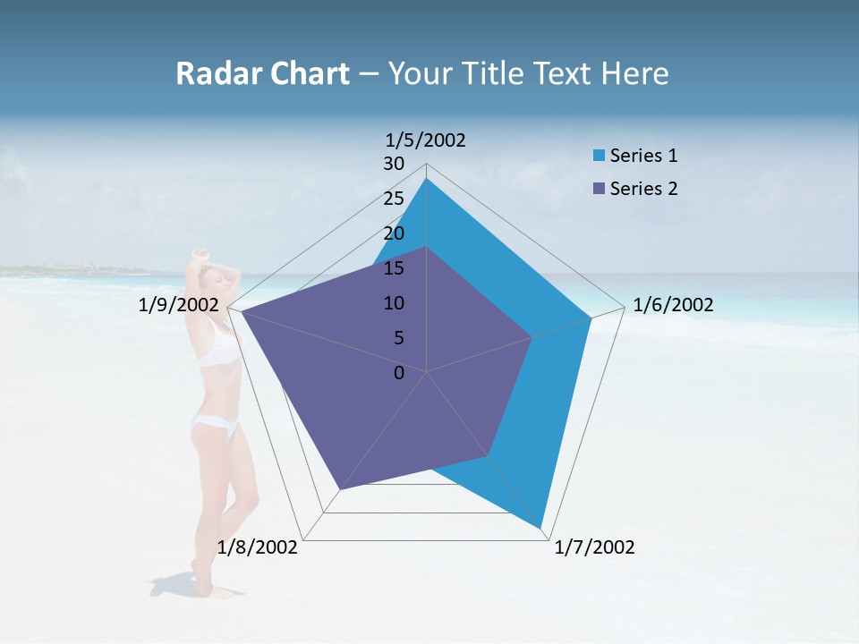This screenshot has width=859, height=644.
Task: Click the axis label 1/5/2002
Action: [x=426, y=140]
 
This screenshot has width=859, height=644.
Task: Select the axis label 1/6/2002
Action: [x=673, y=305]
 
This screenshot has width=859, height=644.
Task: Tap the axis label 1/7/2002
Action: [x=594, y=547]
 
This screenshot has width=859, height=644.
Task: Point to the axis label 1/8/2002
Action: [x=258, y=547]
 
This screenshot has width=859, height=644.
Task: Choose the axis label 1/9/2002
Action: [x=178, y=305]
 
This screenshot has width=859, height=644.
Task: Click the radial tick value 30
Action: [x=394, y=164]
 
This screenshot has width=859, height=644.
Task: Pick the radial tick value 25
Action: [x=394, y=199]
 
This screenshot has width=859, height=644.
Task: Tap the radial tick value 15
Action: [x=394, y=268]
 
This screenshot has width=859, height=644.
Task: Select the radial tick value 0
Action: [x=399, y=373]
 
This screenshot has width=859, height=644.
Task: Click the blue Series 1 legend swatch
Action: [x=600, y=156]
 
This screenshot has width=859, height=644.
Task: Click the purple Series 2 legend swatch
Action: [x=600, y=189]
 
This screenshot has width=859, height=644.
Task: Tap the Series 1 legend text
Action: [x=643, y=156]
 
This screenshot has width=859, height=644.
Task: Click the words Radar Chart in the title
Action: [x=262, y=73]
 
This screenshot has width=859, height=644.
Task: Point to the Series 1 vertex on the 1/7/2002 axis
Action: [x=540, y=527]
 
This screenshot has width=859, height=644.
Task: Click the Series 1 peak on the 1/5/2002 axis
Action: [x=427, y=179]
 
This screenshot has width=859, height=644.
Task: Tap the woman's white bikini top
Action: [x=217, y=351]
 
